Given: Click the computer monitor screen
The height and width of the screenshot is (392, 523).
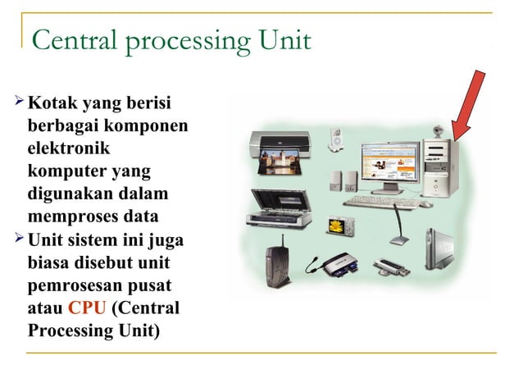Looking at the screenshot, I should click(388, 162).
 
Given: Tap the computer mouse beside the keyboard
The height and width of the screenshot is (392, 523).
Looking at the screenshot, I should click(426, 203).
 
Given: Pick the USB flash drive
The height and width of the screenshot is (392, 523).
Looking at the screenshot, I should click(390, 266).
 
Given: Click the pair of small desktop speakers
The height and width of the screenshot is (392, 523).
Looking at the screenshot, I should click(343, 181).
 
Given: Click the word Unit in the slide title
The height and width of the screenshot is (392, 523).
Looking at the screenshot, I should click(284, 39).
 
